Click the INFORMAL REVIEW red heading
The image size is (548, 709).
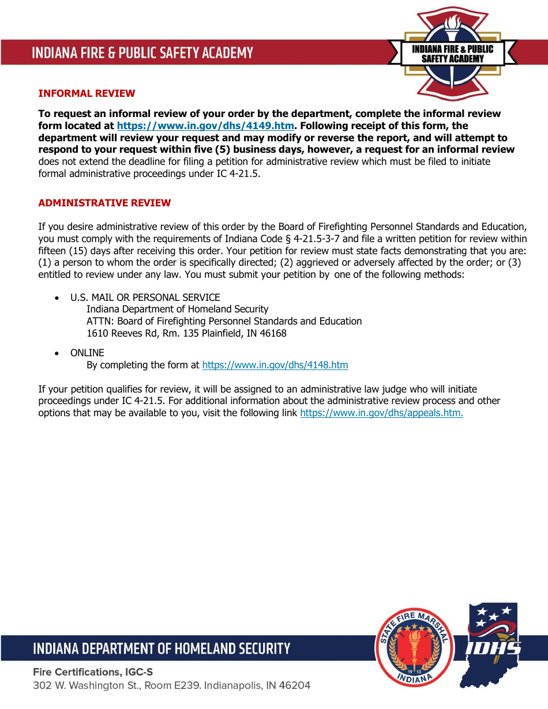[87, 93]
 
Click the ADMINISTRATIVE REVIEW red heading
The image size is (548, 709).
[104, 203]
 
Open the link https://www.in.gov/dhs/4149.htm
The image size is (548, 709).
[205, 126]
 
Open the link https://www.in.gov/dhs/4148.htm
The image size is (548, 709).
[275, 365]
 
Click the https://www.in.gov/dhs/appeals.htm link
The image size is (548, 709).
[381, 413]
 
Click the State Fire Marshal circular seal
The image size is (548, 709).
[414, 648]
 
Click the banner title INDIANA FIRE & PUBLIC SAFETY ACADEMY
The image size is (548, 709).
[142, 53]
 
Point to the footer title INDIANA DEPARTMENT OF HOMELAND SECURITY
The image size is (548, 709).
[162, 648]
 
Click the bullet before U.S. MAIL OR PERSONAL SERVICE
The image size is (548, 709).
[56, 298]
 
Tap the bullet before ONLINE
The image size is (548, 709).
[56, 353]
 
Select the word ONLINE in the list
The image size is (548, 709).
[87, 353]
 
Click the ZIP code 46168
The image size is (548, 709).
[272, 333]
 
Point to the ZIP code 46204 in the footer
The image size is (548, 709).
[295, 685]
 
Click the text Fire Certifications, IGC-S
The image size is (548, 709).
[93, 672]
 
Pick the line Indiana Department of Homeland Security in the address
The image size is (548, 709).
[177, 309]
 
